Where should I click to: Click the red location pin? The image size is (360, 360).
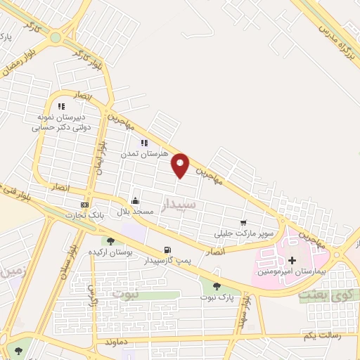[x=181, y=165]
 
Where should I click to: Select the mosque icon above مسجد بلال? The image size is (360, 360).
[x=134, y=202]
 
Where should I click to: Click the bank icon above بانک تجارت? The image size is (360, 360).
[x=85, y=205]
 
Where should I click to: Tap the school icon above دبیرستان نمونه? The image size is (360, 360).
[x=61, y=106]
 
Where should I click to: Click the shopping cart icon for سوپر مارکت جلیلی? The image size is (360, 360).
[x=244, y=222]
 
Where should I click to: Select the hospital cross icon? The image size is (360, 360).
[x=292, y=261]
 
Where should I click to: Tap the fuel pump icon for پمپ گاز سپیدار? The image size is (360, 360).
[x=167, y=250]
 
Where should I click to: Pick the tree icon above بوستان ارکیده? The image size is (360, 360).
[x=110, y=241]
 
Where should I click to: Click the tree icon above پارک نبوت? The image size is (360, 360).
[x=216, y=287]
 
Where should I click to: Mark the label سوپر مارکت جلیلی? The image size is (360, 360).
[x=243, y=233]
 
